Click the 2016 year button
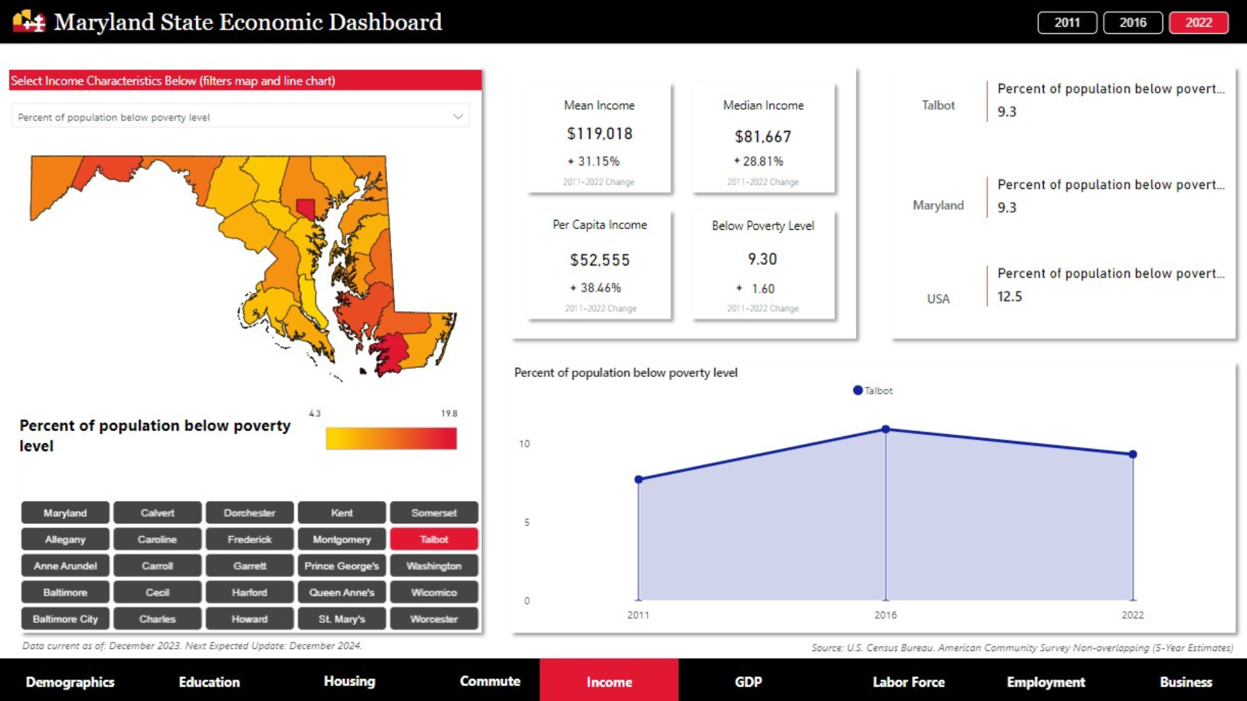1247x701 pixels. tap(1133, 23)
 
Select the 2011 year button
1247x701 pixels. tap(1067, 23)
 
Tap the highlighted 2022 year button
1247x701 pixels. tap(1198, 23)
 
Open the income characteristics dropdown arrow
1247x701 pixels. tap(458, 117)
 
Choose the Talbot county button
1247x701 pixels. tap(434, 539)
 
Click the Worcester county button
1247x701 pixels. tap(434, 619)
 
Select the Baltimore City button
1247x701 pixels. tap(65, 619)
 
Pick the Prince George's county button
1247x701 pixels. tap(342, 566)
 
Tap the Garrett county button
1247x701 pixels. tap(249, 566)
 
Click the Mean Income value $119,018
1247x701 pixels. tap(599, 134)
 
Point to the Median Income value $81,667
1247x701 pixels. tap(763, 137)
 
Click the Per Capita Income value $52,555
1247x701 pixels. tap(600, 260)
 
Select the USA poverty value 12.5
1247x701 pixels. tap(1009, 297)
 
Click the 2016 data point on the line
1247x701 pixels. tap(885, 429)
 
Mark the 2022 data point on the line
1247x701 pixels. tap(1133, 454)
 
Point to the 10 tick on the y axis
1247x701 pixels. tap(524, 444)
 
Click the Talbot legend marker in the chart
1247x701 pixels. tap(858, 391)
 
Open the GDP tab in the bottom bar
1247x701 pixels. tap(748, 682)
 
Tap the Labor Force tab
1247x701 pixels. tap(908, 682)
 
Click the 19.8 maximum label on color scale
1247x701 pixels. tap(449, 413)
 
